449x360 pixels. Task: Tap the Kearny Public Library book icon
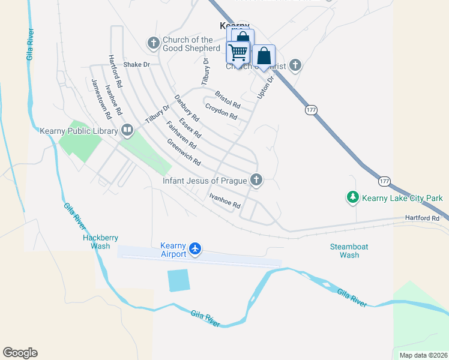click(x=127, y=130)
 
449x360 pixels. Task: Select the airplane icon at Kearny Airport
click(x=194, y=248)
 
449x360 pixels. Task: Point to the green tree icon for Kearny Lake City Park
click(x=353, y=197)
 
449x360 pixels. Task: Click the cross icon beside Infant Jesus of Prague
click(x=256, y=179)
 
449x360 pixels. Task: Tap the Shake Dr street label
click(x=136, y=64)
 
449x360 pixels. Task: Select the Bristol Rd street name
click(x=228, y=100)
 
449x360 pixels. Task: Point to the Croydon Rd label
click(x=221, y=112)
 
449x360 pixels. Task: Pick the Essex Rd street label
click(x=190, y=127)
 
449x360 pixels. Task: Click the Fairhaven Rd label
click(x=181, y=135)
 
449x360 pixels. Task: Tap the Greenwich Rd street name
click(x=184, y=153)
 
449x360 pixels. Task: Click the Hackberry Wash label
click(x=96, y=241)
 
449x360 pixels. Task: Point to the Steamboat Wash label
click(x=349, y=251)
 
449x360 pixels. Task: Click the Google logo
click(x=20, y=353)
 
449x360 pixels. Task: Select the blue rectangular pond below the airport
click(x=178, y=280)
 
